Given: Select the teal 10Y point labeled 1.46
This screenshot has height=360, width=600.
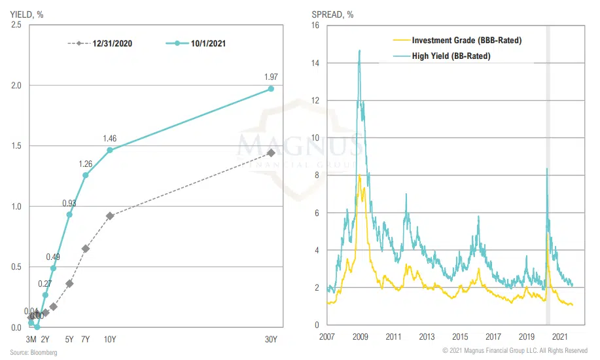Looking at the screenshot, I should pyautogui.click(x=110, y=150).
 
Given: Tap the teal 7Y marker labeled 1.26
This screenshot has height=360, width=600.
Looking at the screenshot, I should pyautogui.click(x=85, y=175).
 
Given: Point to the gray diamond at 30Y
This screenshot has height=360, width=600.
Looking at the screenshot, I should pyautogui.click(x=271, y=153).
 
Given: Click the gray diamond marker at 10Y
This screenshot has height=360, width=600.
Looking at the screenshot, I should pyautogui.click(x=110, y=216).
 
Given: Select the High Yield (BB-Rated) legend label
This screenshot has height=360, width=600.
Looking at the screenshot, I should pyautogui.click(x=451, y=56).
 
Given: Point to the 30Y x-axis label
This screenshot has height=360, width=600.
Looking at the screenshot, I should pyautogui.click(x=271, y=339).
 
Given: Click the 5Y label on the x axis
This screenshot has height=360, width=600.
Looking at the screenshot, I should pyautogui.click(x=69, y=339).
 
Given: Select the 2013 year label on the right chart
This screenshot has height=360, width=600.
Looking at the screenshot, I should pyautogui.click(x=427, y=337).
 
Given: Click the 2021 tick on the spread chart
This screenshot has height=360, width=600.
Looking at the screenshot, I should pyautogui.click(x=560, y=337).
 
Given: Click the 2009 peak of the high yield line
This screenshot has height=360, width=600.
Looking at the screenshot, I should pyautogui.click(x=359, y=50).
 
